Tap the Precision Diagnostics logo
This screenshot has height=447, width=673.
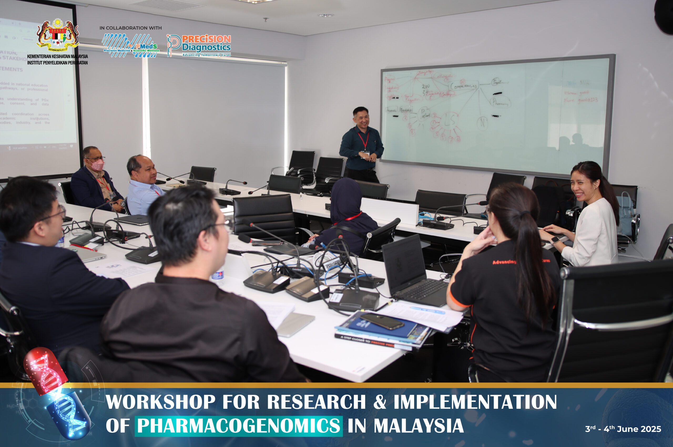click(x=199, y=46)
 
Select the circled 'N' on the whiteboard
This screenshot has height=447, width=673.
click(x=482, y=123)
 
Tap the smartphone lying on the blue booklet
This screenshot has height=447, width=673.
click(x=381, y=321)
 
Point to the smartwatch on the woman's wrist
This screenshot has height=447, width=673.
click(x=555, y=240)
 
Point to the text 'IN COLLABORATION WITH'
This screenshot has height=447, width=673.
click(x=130, y=28)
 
